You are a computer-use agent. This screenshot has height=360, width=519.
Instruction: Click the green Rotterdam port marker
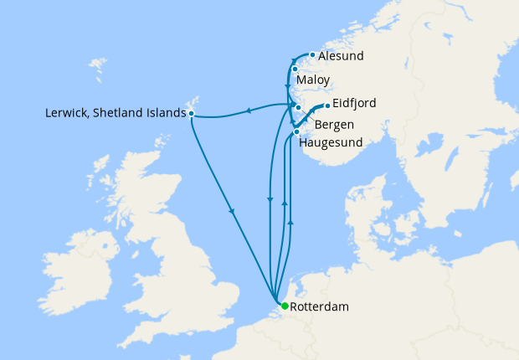click(284, 306)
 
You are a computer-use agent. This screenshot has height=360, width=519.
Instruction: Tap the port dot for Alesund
click(312, 55)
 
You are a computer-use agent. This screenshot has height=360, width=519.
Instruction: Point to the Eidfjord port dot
click(326, 105)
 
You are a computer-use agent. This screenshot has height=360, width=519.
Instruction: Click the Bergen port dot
click(298, 108)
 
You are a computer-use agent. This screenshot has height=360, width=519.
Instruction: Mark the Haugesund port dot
click(297, 131)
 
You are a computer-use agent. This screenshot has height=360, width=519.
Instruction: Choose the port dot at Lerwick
click(192, 112)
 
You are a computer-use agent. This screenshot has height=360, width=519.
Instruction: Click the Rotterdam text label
click(319, 307)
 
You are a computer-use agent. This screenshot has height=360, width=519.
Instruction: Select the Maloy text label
click(313, 80)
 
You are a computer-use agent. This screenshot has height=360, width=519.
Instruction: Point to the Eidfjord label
click(354, 103)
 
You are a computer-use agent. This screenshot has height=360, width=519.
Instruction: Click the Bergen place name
click(334, 125)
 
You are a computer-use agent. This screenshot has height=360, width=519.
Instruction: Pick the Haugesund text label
click(331, 142)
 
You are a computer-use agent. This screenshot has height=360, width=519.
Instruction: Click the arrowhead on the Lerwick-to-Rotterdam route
click(231, 212)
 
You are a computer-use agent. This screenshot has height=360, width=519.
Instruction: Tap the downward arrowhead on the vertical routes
click(270, 199)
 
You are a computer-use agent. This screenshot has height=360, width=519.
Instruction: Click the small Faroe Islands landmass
click(99, 64)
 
